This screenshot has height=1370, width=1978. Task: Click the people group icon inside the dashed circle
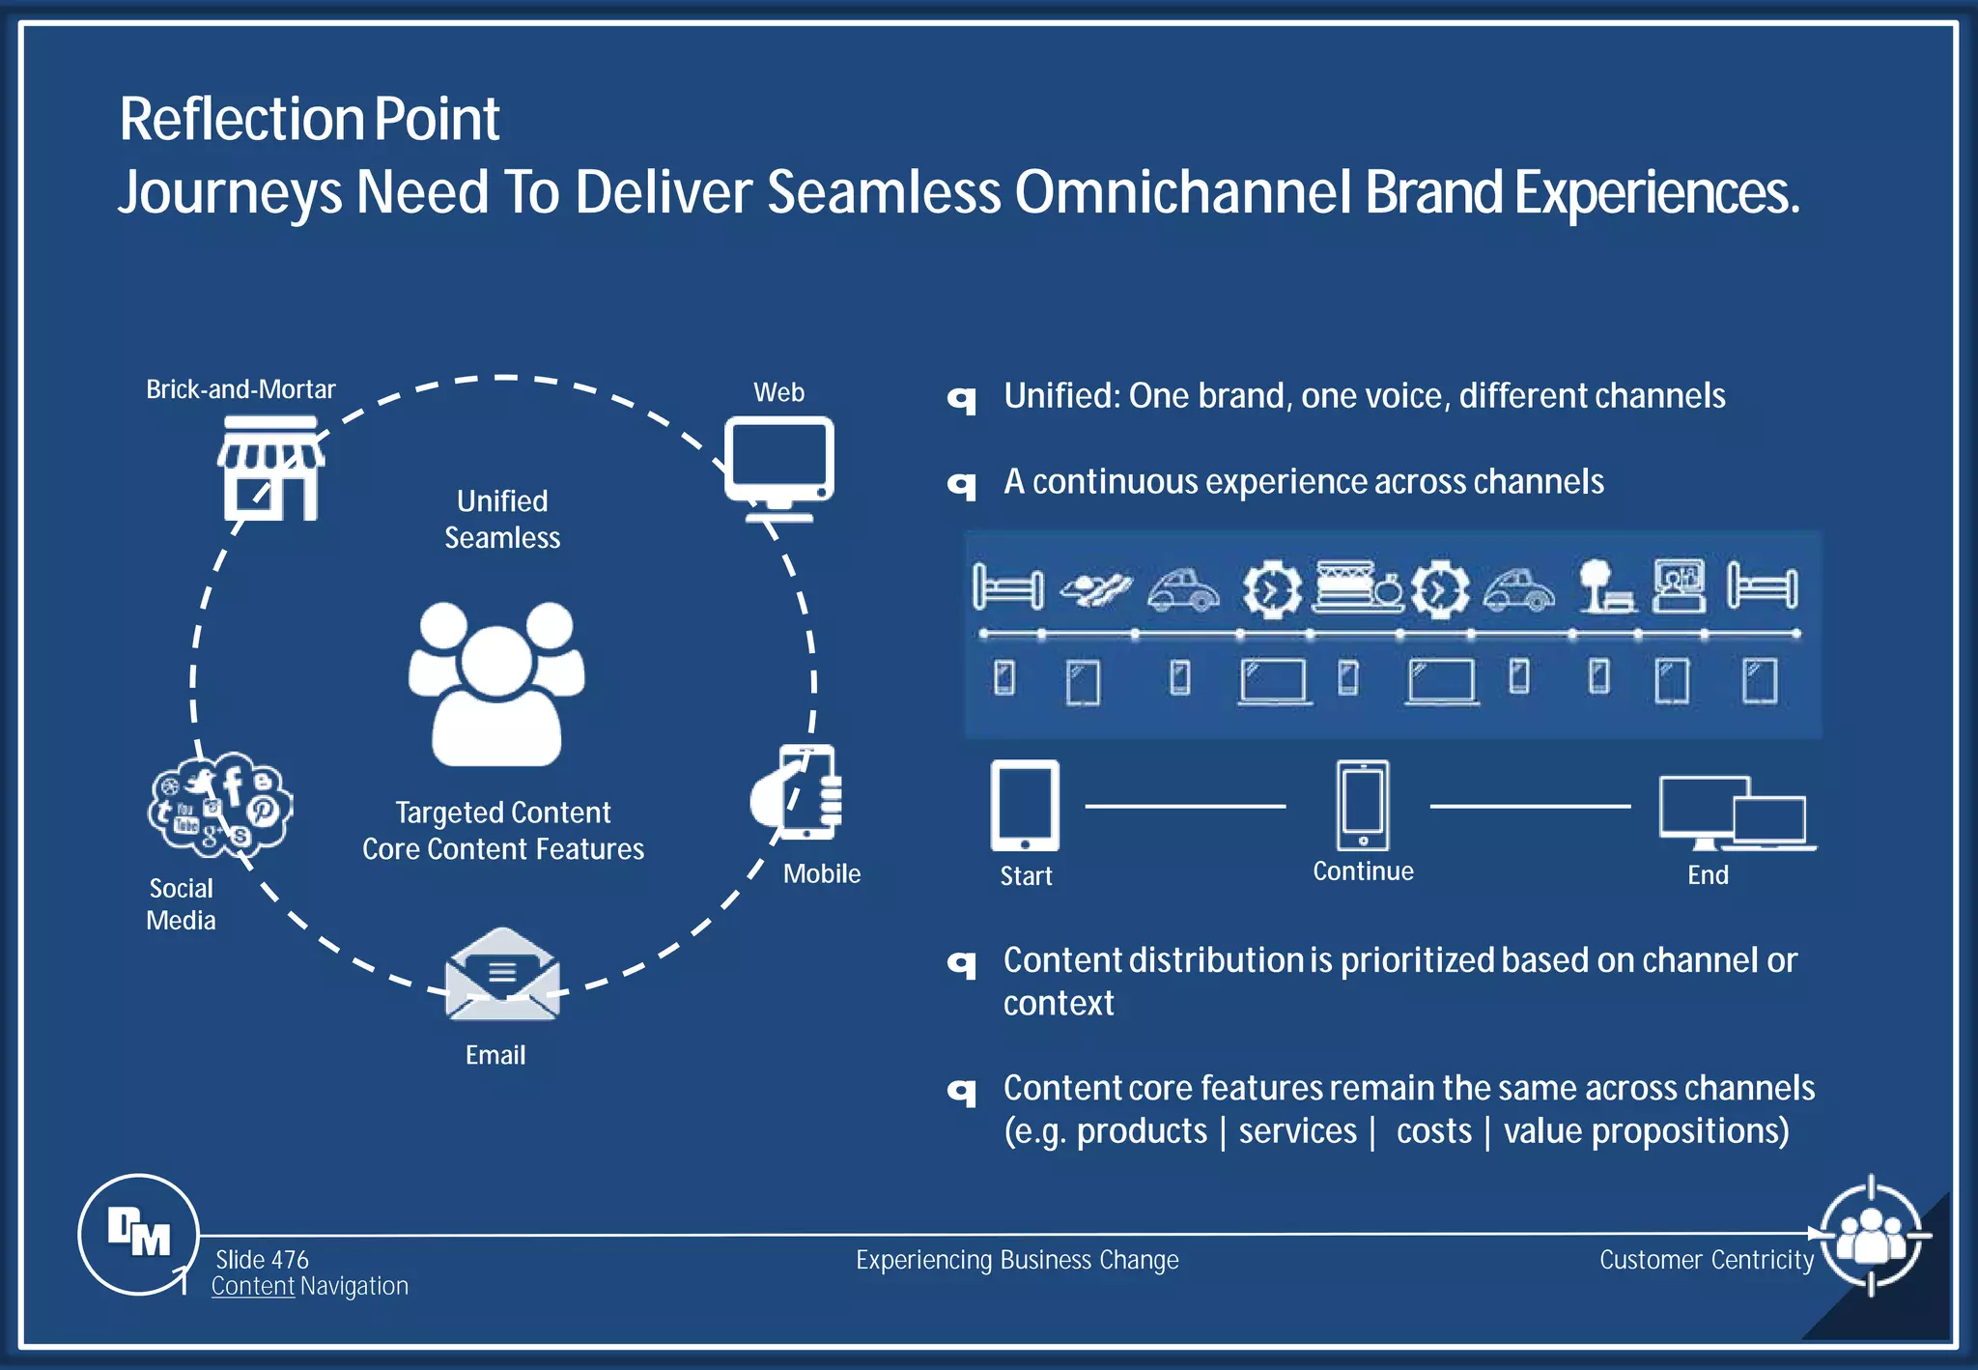point(496,684)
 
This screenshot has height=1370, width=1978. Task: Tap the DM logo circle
point(138,1234)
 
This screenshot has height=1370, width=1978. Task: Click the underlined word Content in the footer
point(252,1286)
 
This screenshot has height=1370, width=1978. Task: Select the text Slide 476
point(262,1259)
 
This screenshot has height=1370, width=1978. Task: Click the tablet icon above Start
point(1025,805)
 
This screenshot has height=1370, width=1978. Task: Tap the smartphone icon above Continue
point(1363,805)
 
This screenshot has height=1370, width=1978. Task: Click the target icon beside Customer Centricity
point(1871,1235)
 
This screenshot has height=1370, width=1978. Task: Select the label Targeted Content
point(502,813)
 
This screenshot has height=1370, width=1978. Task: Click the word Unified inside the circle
point(501,500)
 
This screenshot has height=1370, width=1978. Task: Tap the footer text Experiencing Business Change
point(1017,1260)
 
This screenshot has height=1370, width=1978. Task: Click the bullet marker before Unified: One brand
point(962,398)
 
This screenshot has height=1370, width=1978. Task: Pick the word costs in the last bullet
point(1433,1130)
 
